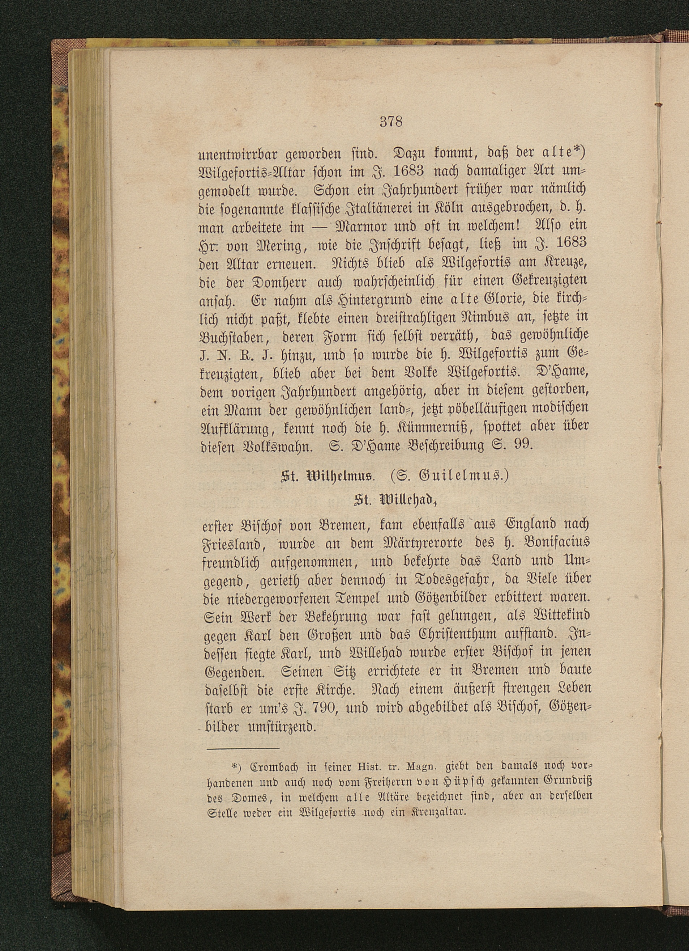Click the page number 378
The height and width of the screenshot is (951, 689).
[391, 122]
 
